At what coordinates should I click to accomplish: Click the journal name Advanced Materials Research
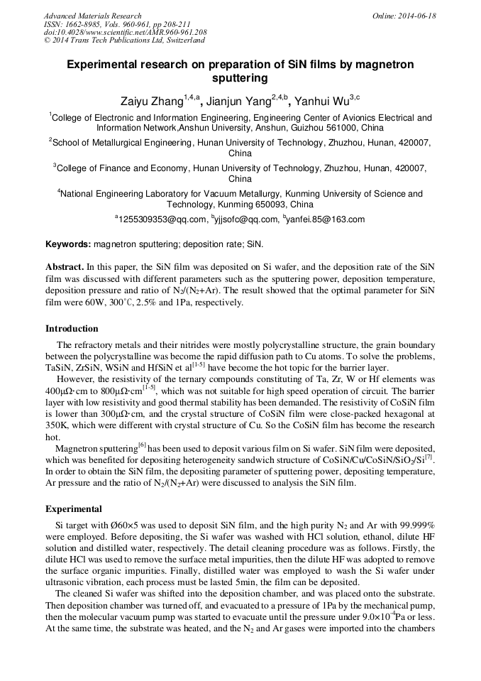click(x=92, y=16)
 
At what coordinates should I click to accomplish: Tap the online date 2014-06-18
click(x=419, y=16)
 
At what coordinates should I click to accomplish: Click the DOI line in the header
click(x=125, y=33)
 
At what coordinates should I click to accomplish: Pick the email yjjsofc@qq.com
click(x=247, y=219)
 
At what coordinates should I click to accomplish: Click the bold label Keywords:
click(x=68, y=244)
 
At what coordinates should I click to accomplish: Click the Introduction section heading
click(x=72, y=329)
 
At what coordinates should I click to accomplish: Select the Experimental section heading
click(x=74, y=509)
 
